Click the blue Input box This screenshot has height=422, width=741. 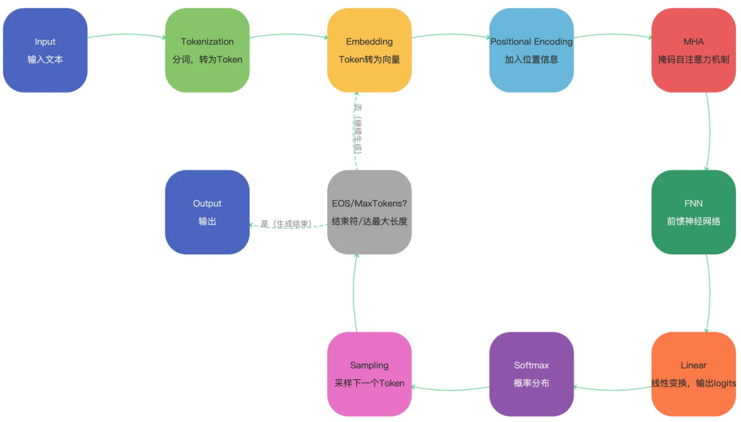[x=45, y=50]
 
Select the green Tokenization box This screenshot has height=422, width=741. [x=207, y=50]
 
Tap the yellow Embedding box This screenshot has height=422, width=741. [x=370, y=50]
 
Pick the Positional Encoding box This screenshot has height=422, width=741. [x=532, y=50]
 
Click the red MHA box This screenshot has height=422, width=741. [x=694, y=50]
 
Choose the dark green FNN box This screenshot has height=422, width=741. [x=694, y=212]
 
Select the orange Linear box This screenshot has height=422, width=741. [x=694, y=374]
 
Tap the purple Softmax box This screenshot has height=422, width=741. [x=532, y=374]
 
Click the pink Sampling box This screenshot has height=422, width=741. [x=370, y=374]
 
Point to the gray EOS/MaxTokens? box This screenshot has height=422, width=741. [x=370, y=212]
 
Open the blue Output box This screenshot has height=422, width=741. [x=207, y=212]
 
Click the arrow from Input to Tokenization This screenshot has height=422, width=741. [x=127, y=34]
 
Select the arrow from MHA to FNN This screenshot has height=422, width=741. [x=709, y=132]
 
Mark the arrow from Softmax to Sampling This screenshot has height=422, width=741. [x=450, y=390]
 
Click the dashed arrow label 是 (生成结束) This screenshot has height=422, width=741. [x=286, y=224]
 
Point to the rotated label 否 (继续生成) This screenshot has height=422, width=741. [x=357, y=129]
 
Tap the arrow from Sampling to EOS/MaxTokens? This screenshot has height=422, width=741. [x=354, y=293]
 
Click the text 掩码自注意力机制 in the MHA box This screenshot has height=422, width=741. [x=694, y=60]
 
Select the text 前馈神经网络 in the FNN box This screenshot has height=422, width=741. [x=694, y=221]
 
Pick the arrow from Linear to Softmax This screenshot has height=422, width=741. [x=613, y=390]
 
